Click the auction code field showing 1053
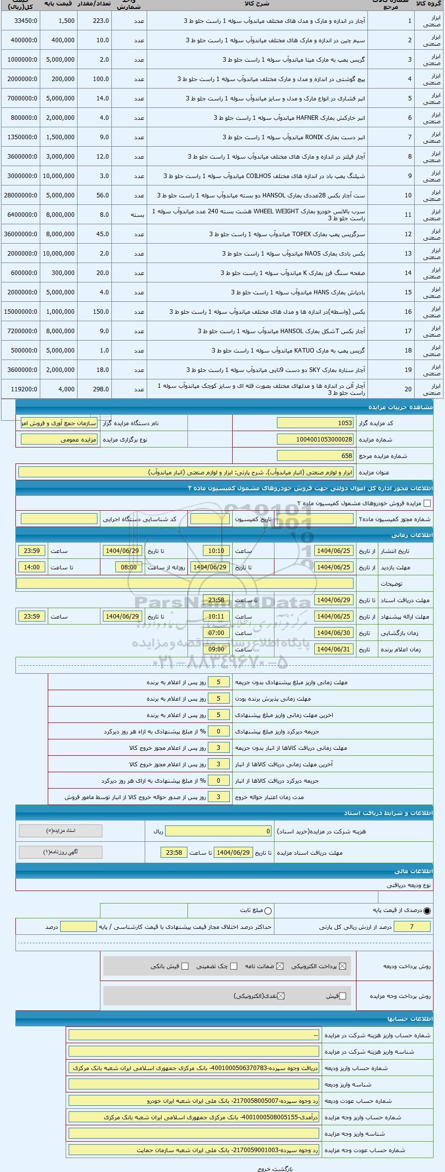315,423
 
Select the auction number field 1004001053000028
315,440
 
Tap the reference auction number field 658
315,456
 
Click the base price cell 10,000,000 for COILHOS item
59,176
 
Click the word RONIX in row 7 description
314,137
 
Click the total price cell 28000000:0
20,195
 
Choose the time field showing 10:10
216,551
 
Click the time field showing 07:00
216,633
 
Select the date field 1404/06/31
334,649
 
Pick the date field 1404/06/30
334,633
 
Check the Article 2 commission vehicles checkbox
427,503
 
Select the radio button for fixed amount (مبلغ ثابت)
268,910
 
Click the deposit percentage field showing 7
412,926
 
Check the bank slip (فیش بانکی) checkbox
185,966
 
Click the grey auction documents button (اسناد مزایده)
61,831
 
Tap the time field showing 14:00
32,567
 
